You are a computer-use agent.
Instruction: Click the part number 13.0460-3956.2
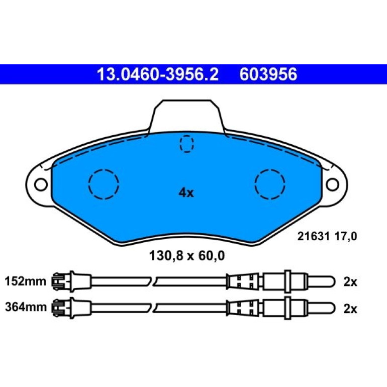click(x=157, y=74)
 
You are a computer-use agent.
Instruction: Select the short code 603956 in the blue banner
click(x=268, y=74)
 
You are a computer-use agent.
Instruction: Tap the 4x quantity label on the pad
click(x=186, y=192)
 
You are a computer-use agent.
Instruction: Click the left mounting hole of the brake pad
click(x=41, y=184)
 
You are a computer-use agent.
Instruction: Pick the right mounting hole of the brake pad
click(x=332, y=184)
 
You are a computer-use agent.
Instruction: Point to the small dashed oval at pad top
click(x=186, y=144)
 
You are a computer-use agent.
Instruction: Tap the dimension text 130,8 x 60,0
click(x=187, y=256)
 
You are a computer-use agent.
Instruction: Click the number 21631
click(x=314, y=236)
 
